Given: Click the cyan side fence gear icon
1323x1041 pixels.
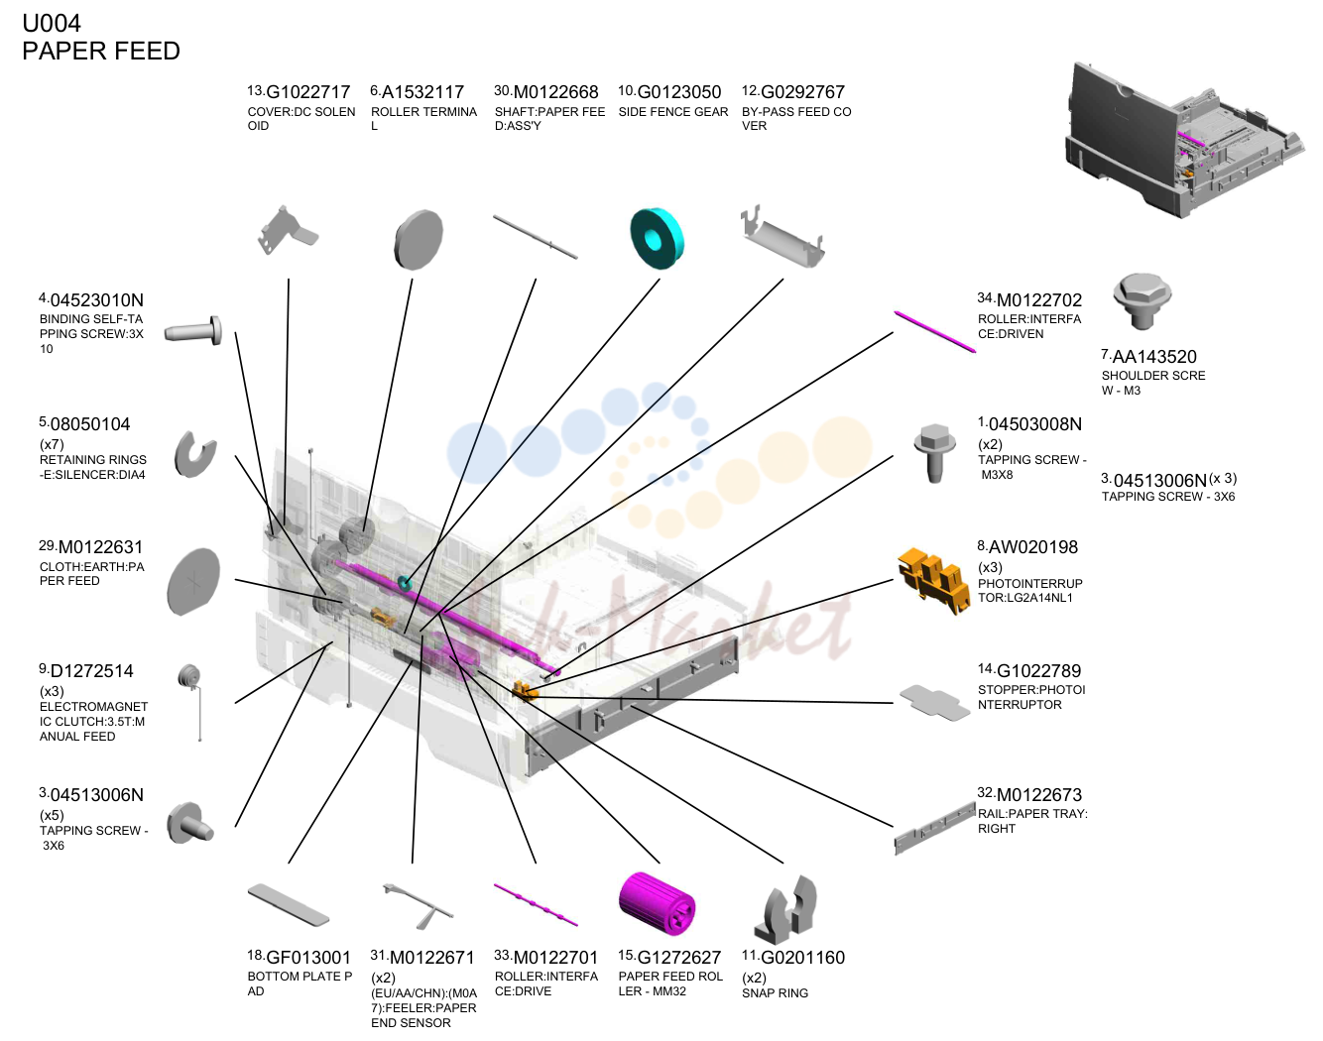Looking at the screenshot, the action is pyautogui.click(x=657, y=238).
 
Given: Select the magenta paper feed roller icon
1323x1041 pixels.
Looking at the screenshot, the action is pyautogui.click(x=657, y=905).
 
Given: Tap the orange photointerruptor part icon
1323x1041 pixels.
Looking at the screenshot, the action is pyautogui.click(x=933, y=581).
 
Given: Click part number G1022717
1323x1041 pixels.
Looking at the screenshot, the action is pyautogui.click(x=307, y=92).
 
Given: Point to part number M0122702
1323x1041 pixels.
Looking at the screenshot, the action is pyautogui.click(x=1039, y=299).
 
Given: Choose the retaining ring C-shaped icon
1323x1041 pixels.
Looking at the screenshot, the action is pyautogui.click(x=195, y=455).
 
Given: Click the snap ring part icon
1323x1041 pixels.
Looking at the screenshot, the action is pyautogui.click(x=786, y=909).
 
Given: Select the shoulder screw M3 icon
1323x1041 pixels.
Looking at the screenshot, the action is pyautogui.click(x=1143, y=300).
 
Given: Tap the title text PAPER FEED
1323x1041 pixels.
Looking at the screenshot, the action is pyautogui.click(x=101, y=51).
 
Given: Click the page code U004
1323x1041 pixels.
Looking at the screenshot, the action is pyautogui.click(x=52, y=24).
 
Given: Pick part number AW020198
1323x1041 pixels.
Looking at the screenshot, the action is pyautogui.click(x=1032, y=547).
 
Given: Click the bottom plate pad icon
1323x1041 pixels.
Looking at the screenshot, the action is pyautogui.click(x=289, y=904).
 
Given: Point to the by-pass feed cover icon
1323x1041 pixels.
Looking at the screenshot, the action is pyautogui.click(x=782, y=238).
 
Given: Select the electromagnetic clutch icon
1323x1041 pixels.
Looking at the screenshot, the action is pyautogui.click(x=191, y=701).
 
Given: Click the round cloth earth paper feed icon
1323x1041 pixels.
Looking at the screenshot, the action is pyautogui.click(x=193, y=581).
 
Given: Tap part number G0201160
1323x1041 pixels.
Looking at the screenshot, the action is pyautogui.click(x=802, y=958).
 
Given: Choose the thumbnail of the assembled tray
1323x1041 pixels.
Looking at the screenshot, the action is pyautogui.click(x=1183, y=140).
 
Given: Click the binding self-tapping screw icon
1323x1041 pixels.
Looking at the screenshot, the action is pyautogui.click(x=193, y=332).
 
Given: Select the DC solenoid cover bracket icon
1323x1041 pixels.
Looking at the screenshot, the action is pyautogui.click(x=287, y=231).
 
